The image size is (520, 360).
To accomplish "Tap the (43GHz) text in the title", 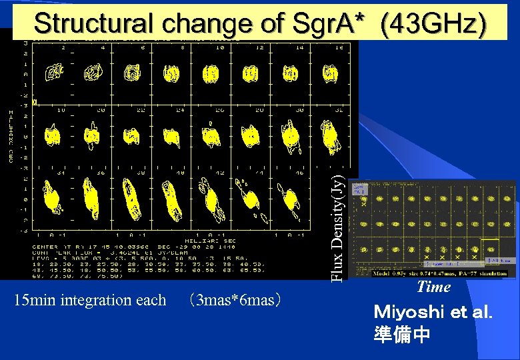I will (x=433, y=24).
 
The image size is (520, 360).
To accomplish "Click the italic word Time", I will (x=433, y=287).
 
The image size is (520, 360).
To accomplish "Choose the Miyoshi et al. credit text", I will (x=433, y=311).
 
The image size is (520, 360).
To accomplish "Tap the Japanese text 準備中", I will (x=402, y=333).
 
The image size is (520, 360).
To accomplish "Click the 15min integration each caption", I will (x=90, y=300).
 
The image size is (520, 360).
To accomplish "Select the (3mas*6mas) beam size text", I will (x=234, y=300).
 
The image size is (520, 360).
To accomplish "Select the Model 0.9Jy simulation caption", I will (x=440, y=273).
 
